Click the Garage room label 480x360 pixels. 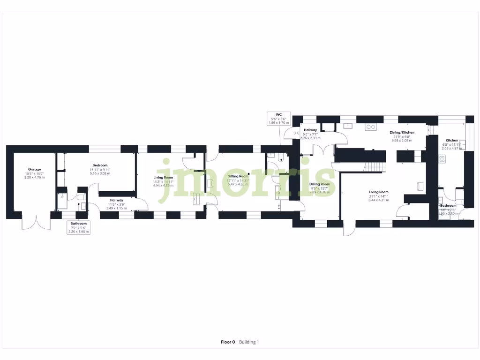point(34,169)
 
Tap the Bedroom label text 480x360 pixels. point(100,165)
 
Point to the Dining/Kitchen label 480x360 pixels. point(402,133)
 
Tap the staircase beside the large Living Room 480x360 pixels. point(375,165)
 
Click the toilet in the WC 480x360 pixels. point(281,158)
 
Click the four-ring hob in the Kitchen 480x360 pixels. point(442,158)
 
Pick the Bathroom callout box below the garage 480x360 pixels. point(78,227)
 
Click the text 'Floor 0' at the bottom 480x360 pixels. point(228,342)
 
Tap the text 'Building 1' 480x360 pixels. point(249,342)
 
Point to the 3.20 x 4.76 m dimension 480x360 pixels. point(34,177)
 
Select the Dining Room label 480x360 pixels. point(319,184)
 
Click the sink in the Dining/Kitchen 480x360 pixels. point(347,126)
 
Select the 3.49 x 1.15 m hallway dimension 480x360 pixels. point(117,208)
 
